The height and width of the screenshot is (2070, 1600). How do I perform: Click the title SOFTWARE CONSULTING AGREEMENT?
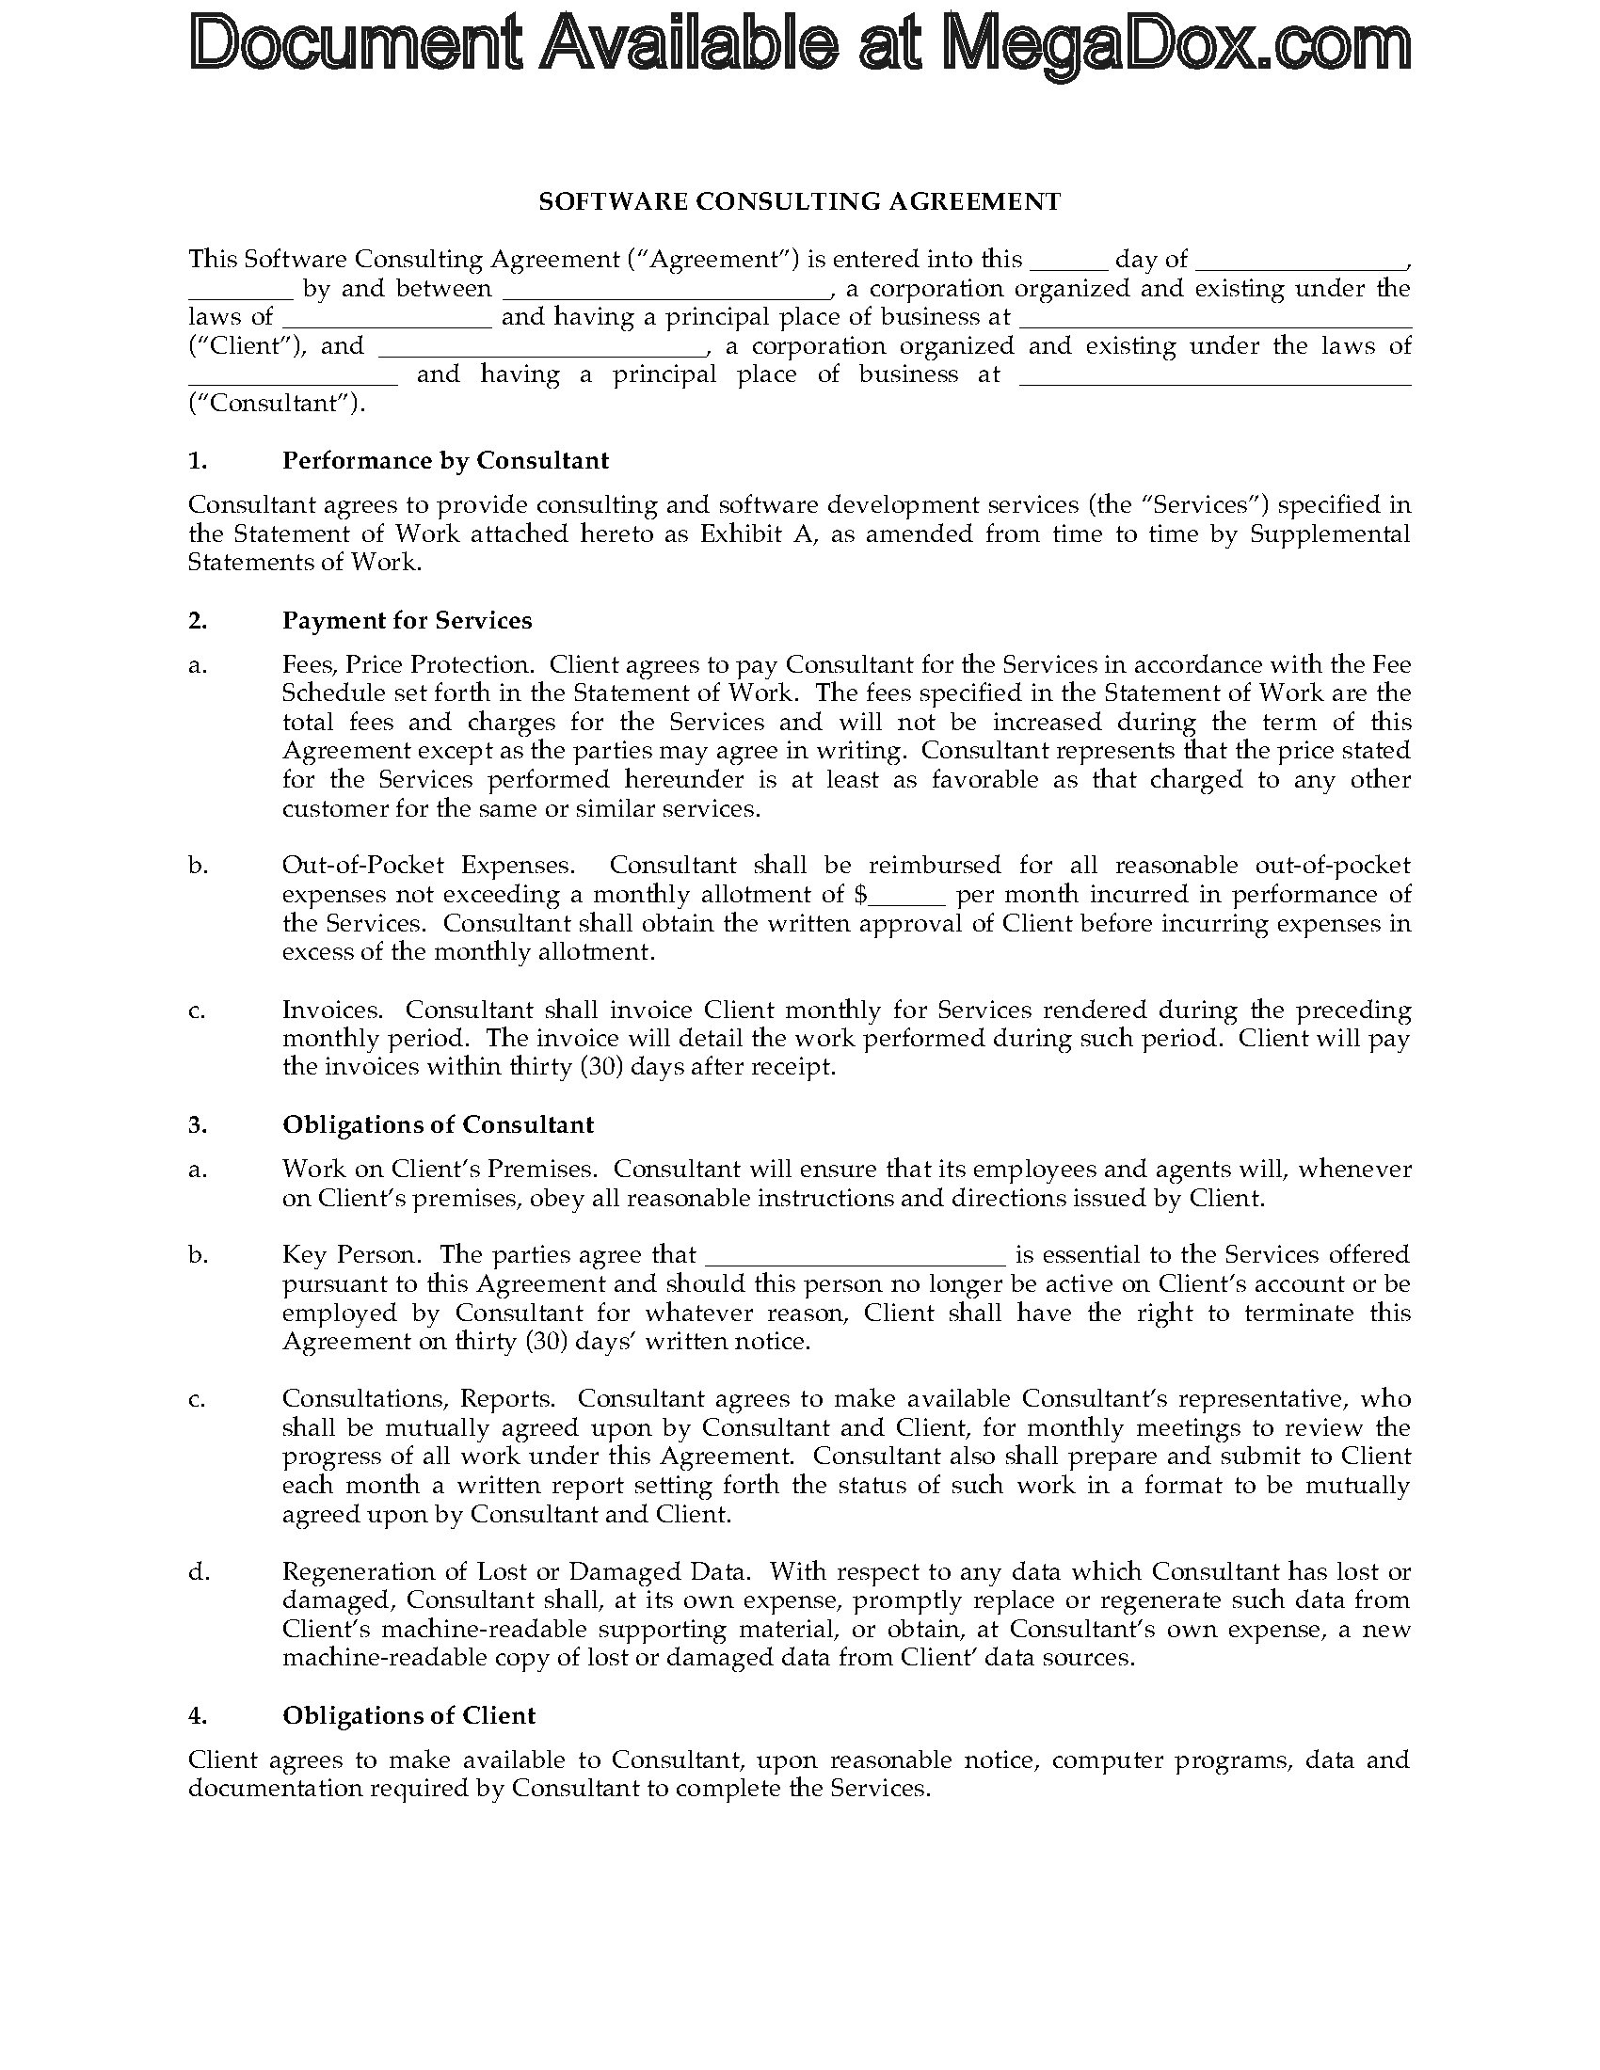[799, 201]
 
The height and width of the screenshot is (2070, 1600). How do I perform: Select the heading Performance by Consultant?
[445, 461]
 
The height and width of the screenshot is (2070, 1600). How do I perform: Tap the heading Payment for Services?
[407, 620]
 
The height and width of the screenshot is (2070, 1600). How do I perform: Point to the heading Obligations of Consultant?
[438, 1124]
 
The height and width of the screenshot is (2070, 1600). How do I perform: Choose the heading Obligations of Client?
[408, 1715]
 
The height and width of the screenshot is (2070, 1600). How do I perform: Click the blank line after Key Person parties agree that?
[855, 1255]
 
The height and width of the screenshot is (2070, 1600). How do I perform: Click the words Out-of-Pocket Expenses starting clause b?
[428, 866]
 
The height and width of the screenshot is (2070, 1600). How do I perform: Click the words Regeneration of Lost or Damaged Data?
[517, 1571]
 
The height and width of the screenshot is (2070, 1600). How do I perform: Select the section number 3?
[197, 1124]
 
